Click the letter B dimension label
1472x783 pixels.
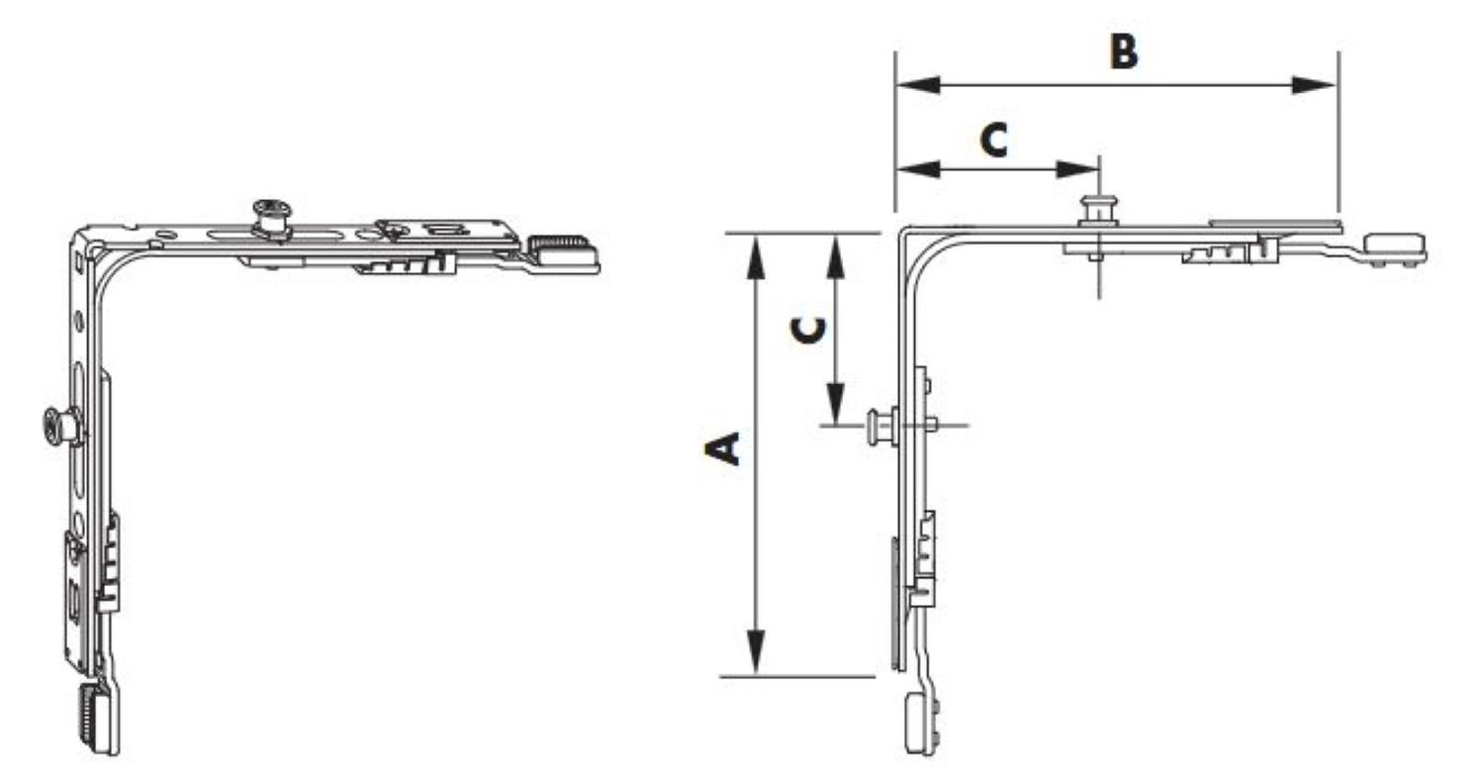click(x=1124, y=51)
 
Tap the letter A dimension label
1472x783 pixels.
click(x=722, y=449)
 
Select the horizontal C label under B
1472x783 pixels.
click(x=994, y=140)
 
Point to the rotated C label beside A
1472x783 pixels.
click(x=808, y=332)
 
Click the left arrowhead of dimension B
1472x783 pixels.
click(x=919, y=85)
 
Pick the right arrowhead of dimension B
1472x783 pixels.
click(x=1314, y=85)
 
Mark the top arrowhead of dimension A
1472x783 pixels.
click(x=757, y=257)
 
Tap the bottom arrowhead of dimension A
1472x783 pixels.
click(x=757, y=652)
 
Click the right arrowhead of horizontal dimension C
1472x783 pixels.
click(x=1077, y=169)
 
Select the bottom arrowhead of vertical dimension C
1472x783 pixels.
click(x=835, y=403)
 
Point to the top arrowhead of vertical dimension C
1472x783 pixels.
click(x=835, y=257)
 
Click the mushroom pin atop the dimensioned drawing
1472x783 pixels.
click(x=1098, y=211)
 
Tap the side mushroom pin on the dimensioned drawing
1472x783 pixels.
click(x=882, y=426)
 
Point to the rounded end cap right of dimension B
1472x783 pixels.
click(x=1395, y=248)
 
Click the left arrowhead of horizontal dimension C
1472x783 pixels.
click(x=919, y=169)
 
